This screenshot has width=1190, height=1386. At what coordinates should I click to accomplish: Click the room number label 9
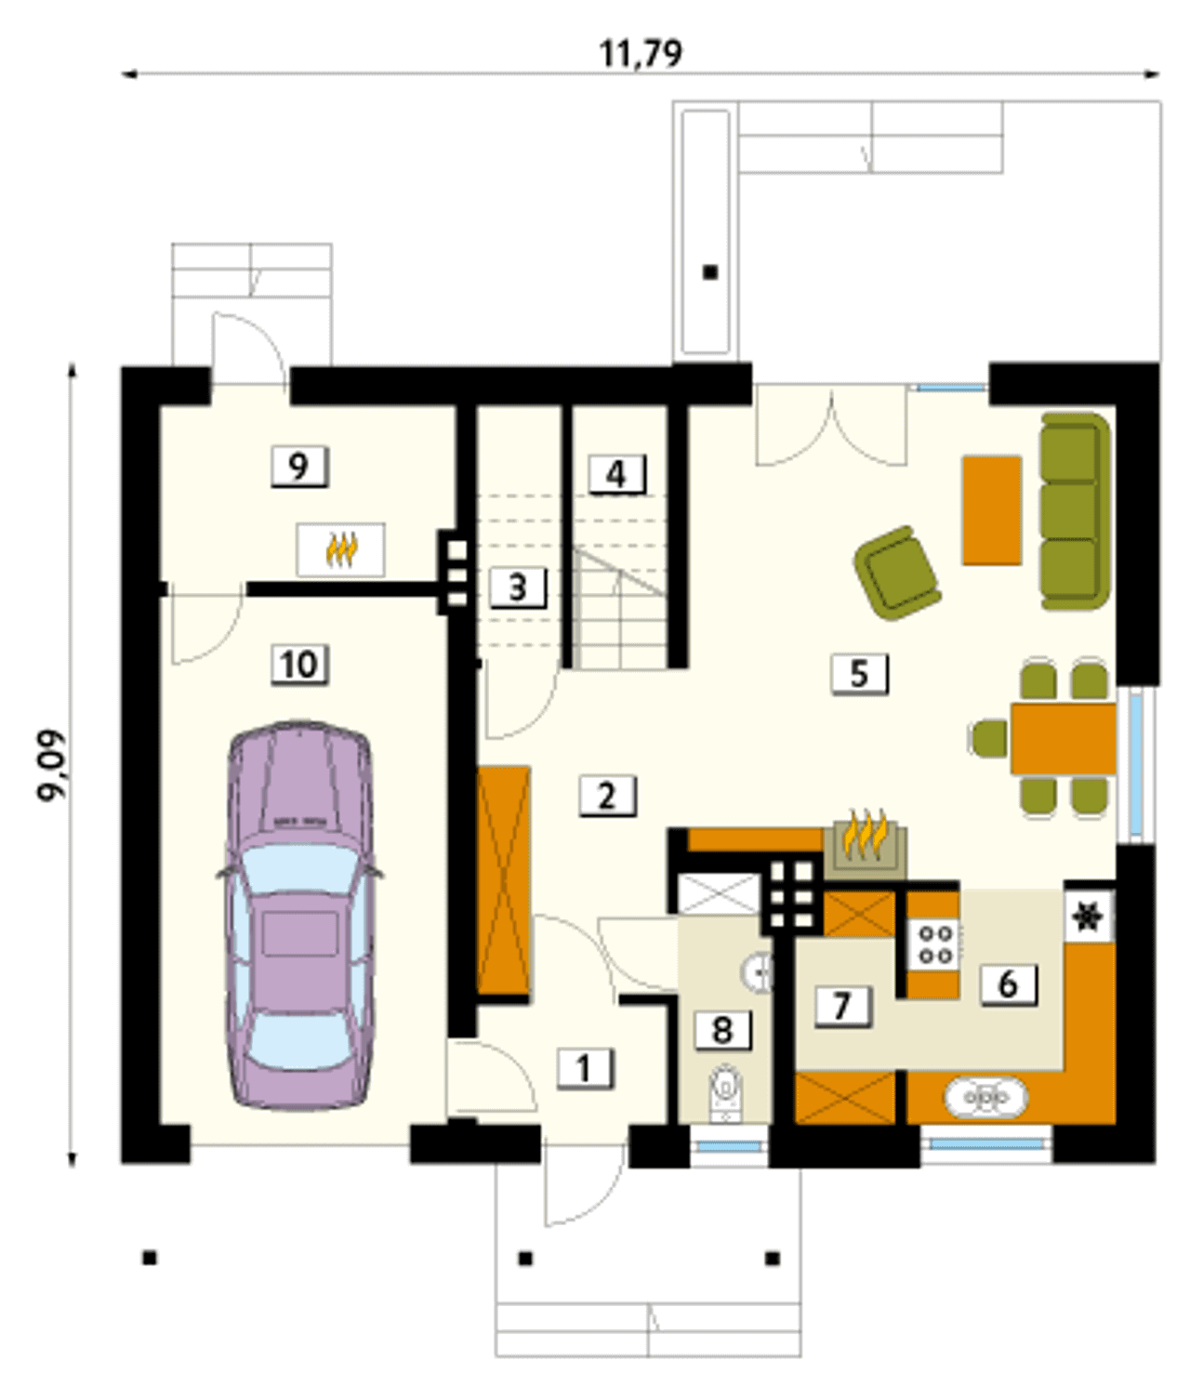pyautogui.click(x=299, y=466)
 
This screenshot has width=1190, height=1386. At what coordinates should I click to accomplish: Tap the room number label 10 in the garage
pyautogui.click(x=300, y=665)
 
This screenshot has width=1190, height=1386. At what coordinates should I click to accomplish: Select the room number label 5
pyautogui.click(x=859, y=674)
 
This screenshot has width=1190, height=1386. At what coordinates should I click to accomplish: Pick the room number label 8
pyautogui.click(x=721, y=1030)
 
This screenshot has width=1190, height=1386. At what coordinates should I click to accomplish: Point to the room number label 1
pyautogui.click(x=584, y=1068)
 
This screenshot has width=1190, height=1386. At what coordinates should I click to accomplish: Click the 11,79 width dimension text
pyautogui.click(x=640, y=54)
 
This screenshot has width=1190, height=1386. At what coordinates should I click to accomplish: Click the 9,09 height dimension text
pyautogui.click(x=51, y=764)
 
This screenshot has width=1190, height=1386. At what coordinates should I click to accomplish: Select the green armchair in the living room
pyautogui.click(x=897, y=573)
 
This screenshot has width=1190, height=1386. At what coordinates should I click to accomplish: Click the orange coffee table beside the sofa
pyautogui.click(x=991, y=510)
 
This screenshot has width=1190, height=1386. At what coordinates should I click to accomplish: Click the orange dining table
pyautogui.click(x=1064, y=738)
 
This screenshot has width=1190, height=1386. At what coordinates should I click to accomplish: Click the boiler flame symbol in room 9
pyautogui.click(x=341, y=550)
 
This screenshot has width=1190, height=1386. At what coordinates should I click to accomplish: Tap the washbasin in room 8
pyautogui.click(x=758, y=970)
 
